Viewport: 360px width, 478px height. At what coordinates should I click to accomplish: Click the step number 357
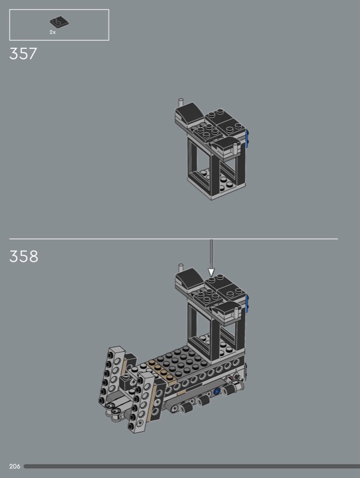click(23, 54)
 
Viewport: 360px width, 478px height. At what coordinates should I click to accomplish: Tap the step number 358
click(23, 256)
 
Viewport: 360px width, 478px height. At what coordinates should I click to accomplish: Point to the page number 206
click(14, 466)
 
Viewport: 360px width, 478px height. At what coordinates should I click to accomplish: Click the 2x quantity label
click(53, 32)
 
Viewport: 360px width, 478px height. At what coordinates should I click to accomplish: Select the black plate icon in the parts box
click(59, 22)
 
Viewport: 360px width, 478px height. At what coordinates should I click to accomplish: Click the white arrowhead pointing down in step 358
click(211, 272)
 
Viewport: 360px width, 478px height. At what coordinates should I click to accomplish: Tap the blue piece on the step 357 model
click(247, 139)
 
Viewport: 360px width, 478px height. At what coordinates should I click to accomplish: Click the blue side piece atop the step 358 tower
click(247, 304)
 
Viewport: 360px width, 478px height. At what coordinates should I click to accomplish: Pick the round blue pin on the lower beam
click(217, 391)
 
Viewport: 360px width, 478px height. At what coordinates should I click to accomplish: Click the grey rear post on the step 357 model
click(181, 103)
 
